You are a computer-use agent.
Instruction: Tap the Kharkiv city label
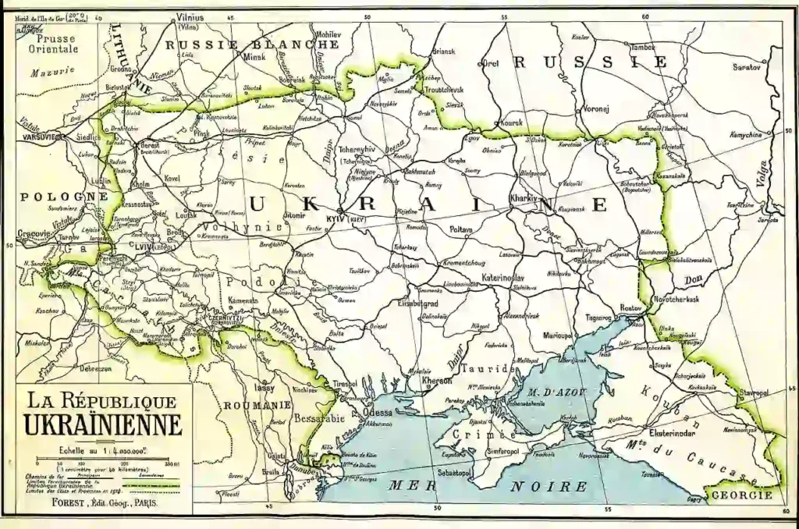524,198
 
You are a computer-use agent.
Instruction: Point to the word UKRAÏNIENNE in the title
103,427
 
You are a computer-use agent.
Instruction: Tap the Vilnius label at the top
190,17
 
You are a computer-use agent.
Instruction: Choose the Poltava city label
462,230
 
